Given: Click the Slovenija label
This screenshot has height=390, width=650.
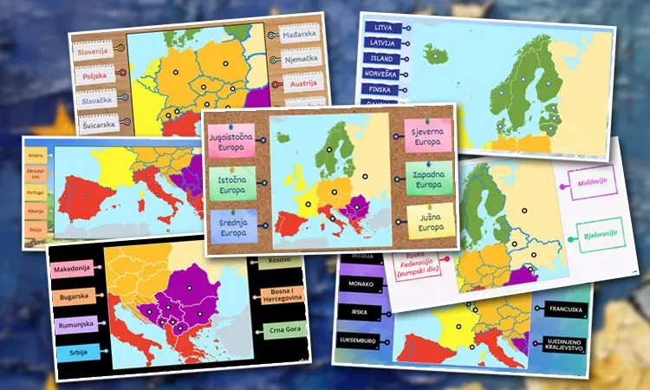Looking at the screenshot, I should point(94,51).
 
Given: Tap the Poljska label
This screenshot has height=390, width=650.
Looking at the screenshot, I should point(94,76).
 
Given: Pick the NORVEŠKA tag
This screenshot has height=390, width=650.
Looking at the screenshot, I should point(381,75).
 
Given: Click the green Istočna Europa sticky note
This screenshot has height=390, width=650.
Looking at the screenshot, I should point(232,181).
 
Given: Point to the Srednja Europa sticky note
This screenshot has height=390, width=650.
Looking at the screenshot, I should point(232,225).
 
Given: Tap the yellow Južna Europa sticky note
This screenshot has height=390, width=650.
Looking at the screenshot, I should point(430,220).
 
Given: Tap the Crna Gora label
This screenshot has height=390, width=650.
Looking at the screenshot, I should point(283,330).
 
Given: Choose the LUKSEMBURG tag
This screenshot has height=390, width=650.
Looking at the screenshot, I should point(358,341).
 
